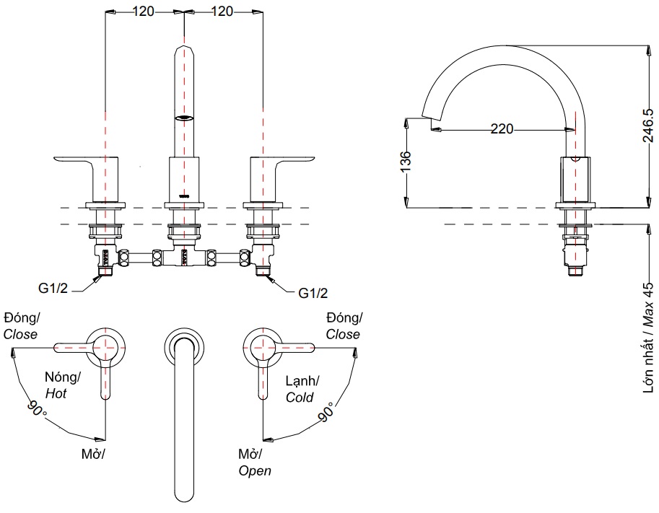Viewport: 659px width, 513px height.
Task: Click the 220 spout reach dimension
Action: coord(502,129)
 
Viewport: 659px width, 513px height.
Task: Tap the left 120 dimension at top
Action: coord(144,11)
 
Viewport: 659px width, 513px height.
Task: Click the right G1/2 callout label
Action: coord(313,293)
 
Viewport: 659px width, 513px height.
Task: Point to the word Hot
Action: coord(56,394)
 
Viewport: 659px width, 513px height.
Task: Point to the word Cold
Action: coord(300,398)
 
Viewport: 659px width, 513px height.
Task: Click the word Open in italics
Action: coord(255,470)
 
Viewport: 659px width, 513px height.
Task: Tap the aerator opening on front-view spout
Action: coord(185,118)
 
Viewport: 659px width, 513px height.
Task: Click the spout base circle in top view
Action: coord(184,346)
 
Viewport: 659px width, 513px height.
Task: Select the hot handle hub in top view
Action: coord(106,346)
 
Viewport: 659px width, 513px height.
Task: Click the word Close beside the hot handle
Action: coord(20,335)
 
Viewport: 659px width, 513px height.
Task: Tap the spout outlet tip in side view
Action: coord(430,118)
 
